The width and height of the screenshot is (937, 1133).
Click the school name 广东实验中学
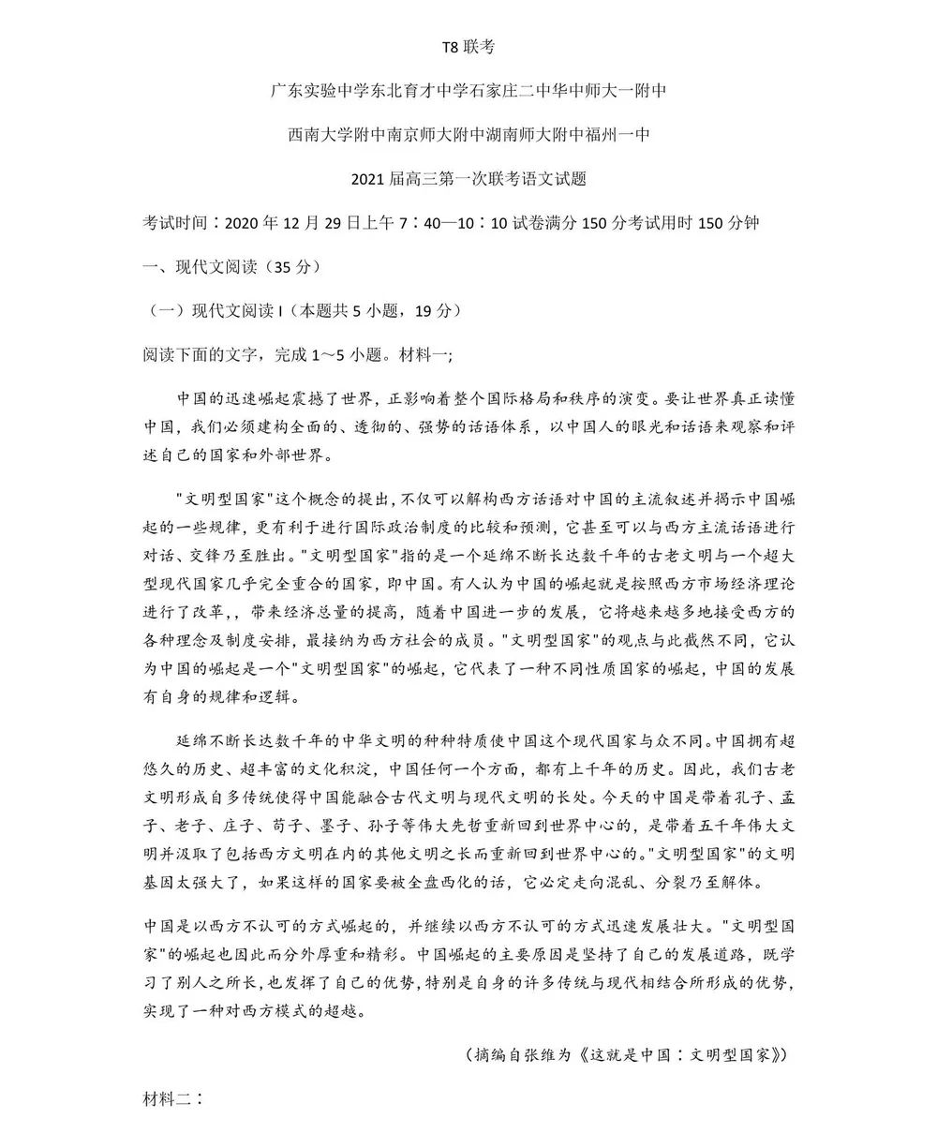pyautogui.click(x=315, y=91)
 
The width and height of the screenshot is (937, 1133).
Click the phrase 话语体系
pyautogui.click(x=493, y=426)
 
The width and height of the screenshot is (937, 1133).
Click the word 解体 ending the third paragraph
pyautogui.click(x=751, y=884)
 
